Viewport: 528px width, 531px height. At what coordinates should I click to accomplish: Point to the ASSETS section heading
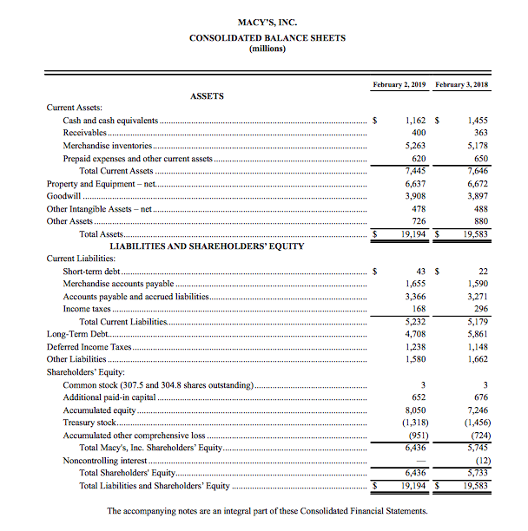tap(207, 95)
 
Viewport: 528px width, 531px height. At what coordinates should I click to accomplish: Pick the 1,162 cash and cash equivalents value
tap(408, 121)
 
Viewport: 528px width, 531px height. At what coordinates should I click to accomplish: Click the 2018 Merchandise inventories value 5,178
tap(476, 146)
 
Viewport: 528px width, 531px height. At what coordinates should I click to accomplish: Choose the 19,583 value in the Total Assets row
tap(473, 234)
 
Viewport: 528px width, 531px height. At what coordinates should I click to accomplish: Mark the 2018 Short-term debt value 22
tap(482, 272)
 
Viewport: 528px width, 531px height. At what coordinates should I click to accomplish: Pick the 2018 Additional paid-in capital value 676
tap(479, 397)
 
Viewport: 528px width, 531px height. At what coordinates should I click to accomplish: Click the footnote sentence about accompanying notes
tap(267, 512)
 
